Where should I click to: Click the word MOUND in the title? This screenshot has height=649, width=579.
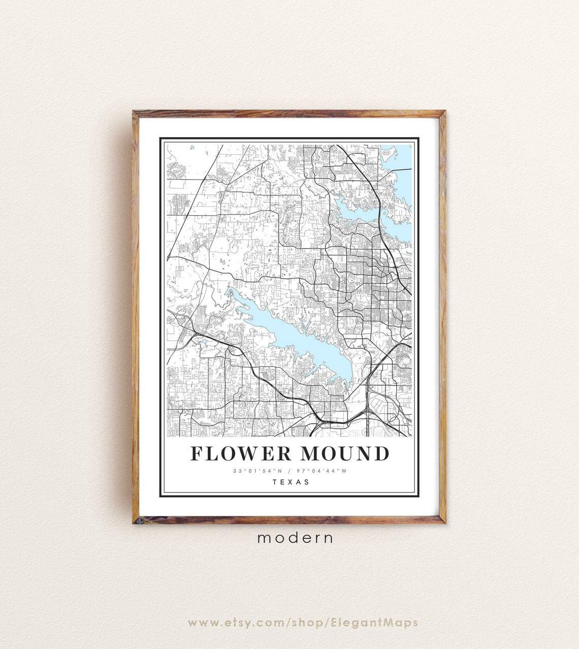point(345,454)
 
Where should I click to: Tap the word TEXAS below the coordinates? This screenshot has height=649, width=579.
point(291,482)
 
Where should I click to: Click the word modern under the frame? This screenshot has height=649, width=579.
point(295,538)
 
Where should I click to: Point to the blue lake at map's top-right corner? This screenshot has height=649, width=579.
point(403,157)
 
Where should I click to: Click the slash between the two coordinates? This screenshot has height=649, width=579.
point(289,471)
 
